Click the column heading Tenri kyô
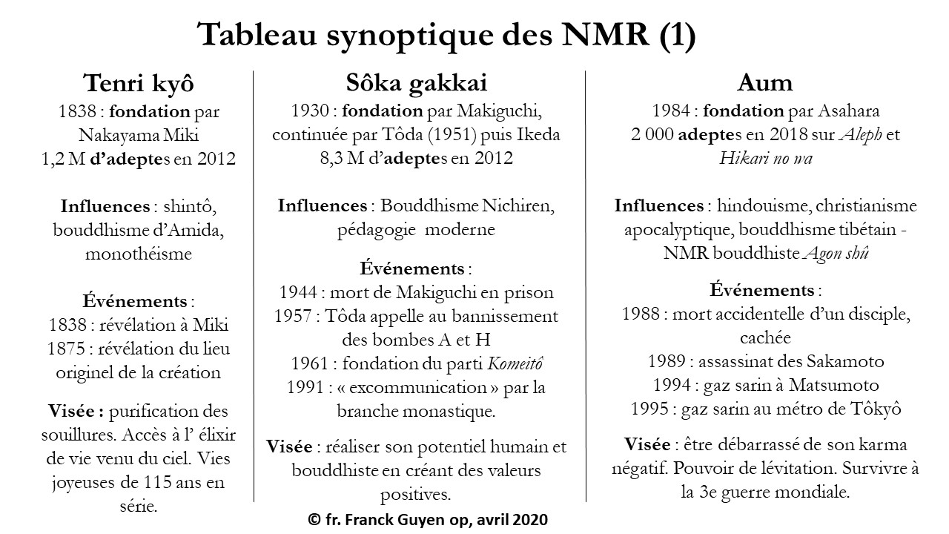tap(139, 82)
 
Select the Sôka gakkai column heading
tap(417, 82)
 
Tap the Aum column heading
tap(765, 82)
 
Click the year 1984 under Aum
tap(670, 112)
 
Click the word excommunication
tap(420, 387)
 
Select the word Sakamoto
tap(843, 361)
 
